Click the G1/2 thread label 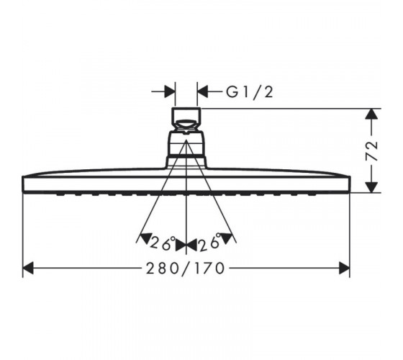(x=249, y=92)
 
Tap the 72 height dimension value (x=371, y=150)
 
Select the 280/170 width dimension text (x=186, y=269)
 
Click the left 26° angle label (x=163, y=243)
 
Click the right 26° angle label (x=211, y=242)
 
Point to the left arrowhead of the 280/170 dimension (x=28, y=268)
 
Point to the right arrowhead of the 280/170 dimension (x=345, y=268)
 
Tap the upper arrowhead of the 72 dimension (x=371, y=114)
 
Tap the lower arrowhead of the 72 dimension (x=371, y=187)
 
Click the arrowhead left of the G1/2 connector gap (x=170, y=91)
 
